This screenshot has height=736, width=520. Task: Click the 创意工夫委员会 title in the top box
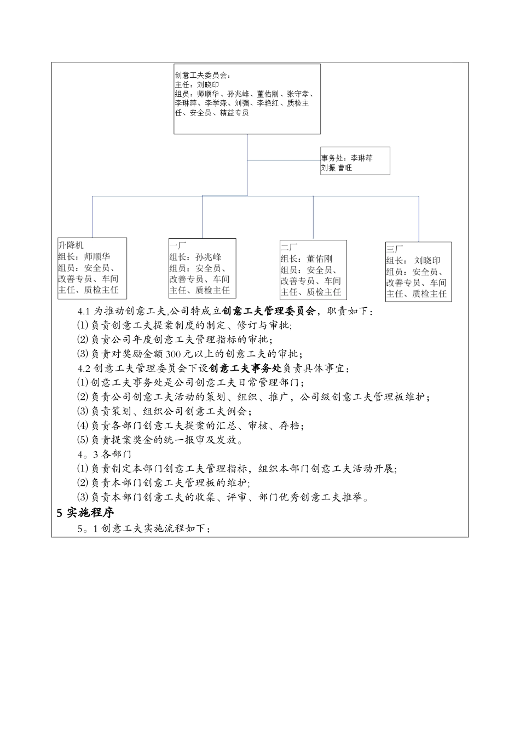pos(203,76)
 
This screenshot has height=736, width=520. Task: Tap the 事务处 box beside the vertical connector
pos(355,160)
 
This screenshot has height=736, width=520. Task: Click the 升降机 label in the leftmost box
pos(71,245)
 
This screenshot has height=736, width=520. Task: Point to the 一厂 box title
pos(178,246)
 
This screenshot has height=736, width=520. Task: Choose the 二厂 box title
pos(289,248)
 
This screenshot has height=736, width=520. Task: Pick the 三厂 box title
pos(395,250)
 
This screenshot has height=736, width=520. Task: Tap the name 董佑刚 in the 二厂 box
pos(319,259)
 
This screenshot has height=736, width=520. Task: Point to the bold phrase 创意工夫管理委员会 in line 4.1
pos(269,311)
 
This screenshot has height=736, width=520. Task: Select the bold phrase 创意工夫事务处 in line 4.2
pos(245,368)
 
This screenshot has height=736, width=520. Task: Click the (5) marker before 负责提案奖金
pos(83,440)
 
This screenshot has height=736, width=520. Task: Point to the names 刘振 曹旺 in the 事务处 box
pos(337,168)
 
